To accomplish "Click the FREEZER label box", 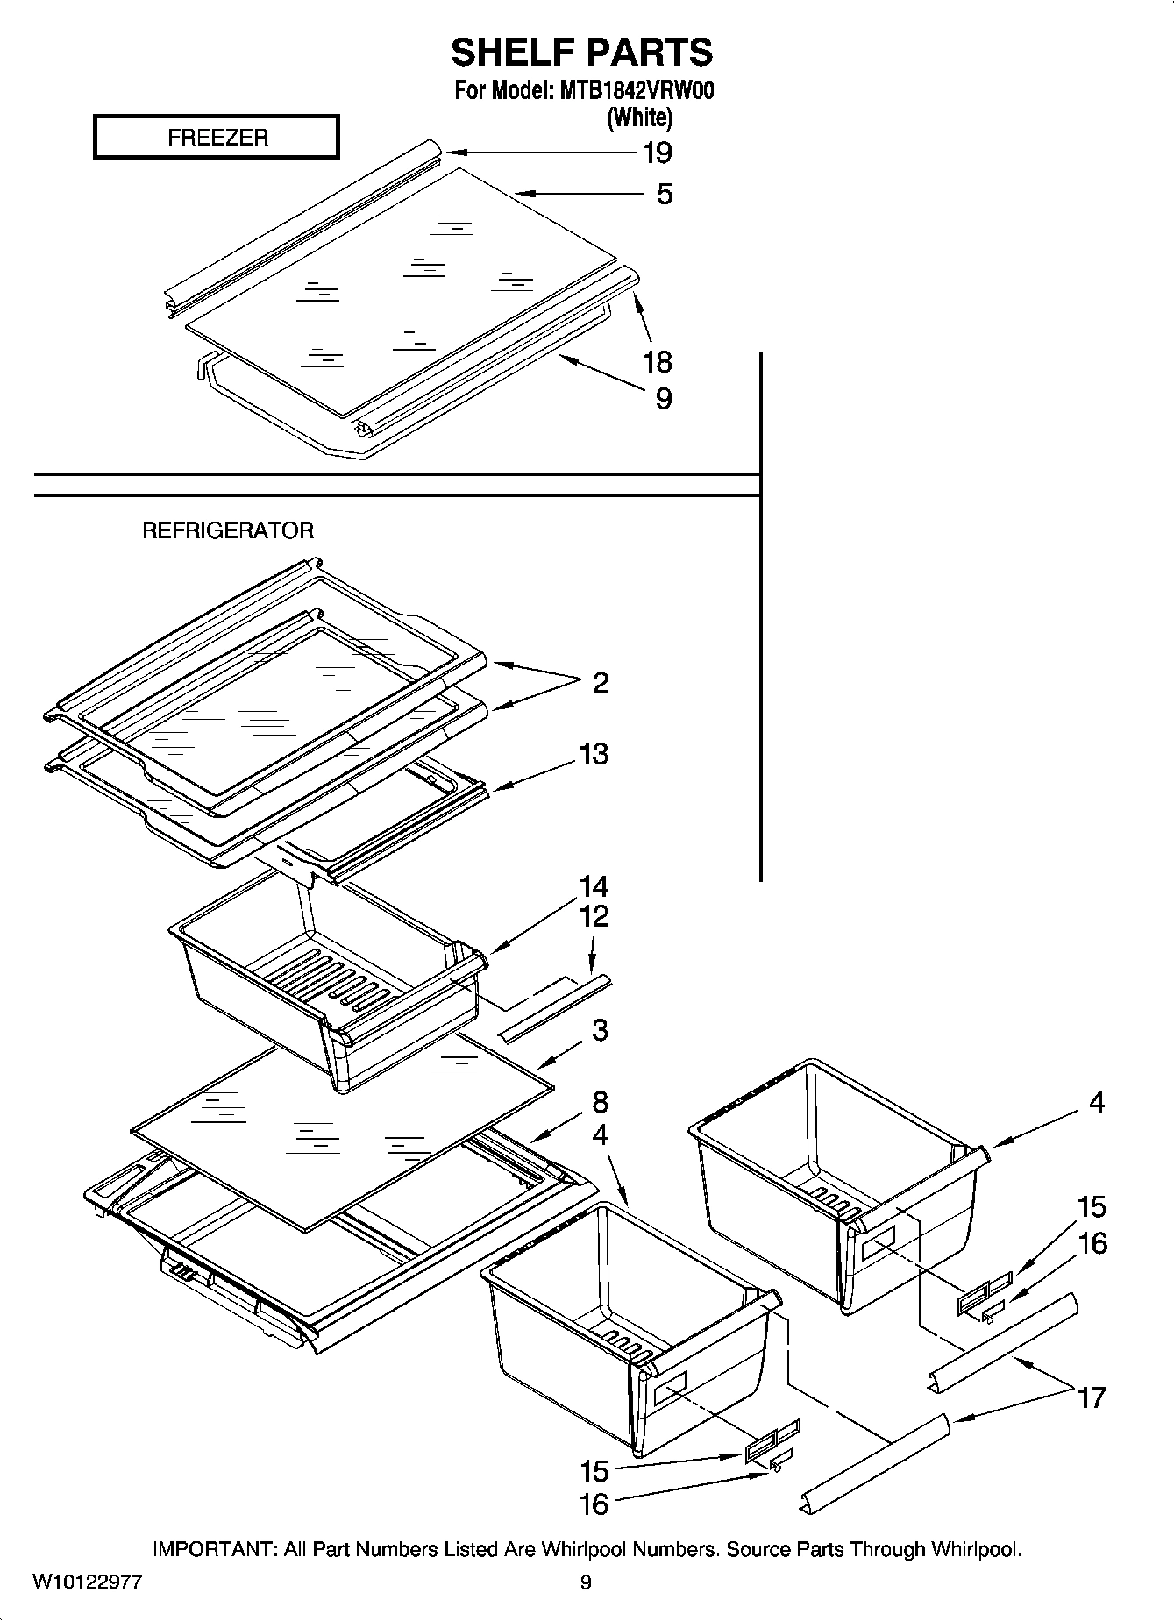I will click(x=216, y=138).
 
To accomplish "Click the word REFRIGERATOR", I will click(x=228, y=530).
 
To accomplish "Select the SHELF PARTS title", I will click(x=581, y=53).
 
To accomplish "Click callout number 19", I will click(x=657, y=153).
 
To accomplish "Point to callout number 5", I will click(x=664, y=194).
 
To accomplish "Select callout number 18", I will click(x=657, y=361).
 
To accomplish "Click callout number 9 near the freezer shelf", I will click(x=664, y=399).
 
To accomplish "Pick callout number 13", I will click(x=594, y=754).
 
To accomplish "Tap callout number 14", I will click(x=594, y=886).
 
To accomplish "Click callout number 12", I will click(x=594, y=917).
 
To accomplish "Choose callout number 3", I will click(x=600, y=1030).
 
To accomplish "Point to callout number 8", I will click(x=600, y=1102).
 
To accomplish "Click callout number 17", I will click(x=1092, y=1397).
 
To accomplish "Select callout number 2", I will click(x=600, y=683).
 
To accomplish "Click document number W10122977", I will click(x=88, y=1582).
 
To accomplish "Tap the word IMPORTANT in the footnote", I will click(x=214, y=1550).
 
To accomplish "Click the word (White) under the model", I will click(x=639, y=117).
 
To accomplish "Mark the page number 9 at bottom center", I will click(x=586, y=1582).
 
